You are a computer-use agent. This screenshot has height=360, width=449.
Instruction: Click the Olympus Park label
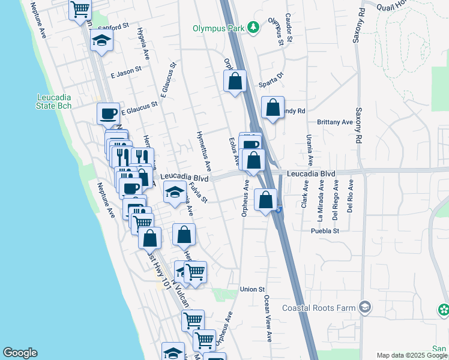(x=219, y=28)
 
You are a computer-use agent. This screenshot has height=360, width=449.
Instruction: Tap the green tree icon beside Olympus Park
(x=254, y=28)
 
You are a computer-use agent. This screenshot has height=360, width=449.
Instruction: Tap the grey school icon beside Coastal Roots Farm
(x=364, y=308)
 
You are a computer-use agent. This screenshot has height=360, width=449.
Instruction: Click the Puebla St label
(x=325, y=230)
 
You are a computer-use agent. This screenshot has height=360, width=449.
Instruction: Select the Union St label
(x=252, y=289)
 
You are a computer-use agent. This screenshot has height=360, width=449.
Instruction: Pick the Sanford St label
(x=113, y=27)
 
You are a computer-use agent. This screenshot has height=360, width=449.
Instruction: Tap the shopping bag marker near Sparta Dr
(x=235, y=82)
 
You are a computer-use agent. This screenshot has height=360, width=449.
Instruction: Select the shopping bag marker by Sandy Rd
(x=273, y=108)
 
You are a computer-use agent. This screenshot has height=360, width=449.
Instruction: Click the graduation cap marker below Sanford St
(x=101, y=41)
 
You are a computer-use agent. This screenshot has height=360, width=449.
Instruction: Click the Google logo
(x=20, y=353)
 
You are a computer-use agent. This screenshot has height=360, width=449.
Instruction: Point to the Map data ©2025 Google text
(x=411, y=355)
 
